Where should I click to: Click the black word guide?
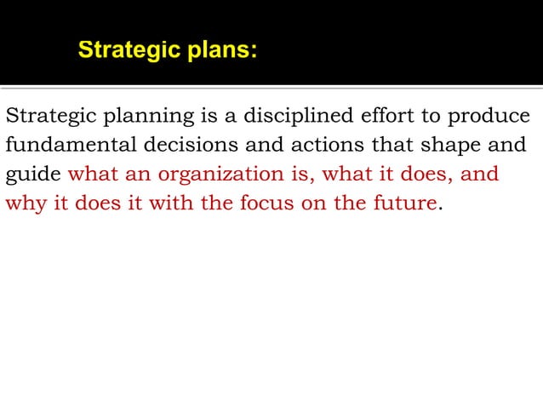tap(33, 175)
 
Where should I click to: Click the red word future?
tap(403, 203)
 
